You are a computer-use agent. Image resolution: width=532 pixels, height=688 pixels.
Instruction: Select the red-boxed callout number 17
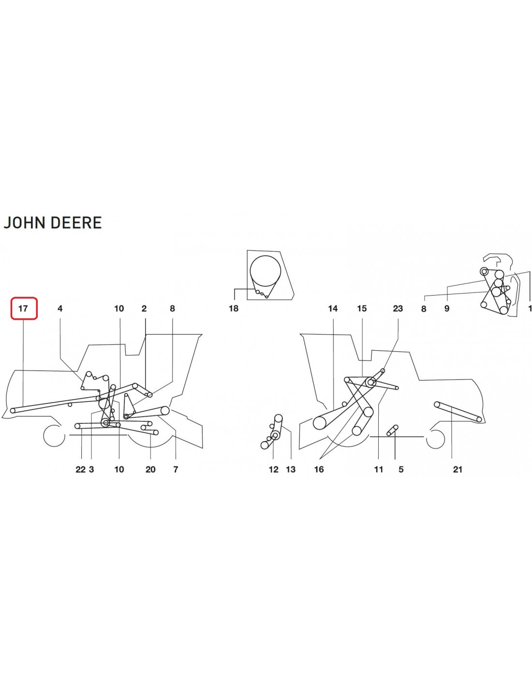coord(23,308)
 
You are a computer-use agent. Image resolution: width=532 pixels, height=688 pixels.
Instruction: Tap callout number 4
coord(60,308)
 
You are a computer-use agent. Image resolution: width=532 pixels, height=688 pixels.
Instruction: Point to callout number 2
coord(144,308)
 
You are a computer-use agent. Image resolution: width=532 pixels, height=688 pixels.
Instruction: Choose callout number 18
coord(234,308)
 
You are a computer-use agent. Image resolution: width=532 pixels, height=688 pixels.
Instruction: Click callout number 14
coord(333,308)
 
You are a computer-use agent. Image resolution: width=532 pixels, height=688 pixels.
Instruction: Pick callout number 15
coord(362,308)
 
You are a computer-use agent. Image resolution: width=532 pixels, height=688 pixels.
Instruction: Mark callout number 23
coord(398,308)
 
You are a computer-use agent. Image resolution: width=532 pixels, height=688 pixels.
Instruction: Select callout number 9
coord(447,308)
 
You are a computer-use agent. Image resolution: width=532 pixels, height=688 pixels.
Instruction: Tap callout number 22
coord(81,469)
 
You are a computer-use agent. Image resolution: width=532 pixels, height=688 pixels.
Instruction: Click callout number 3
coord(91,469)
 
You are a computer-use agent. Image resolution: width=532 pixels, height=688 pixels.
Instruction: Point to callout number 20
coord(150,469)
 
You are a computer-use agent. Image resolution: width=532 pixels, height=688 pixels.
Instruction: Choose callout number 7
coord(176,469)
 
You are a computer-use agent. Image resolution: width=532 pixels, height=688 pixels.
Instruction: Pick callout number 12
coord(274,469)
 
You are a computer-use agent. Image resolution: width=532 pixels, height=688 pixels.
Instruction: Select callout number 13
coord(291,469)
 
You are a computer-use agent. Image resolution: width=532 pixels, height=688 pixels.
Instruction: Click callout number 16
coord(319,469)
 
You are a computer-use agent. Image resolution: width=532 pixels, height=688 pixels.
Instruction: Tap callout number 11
coord(379,469)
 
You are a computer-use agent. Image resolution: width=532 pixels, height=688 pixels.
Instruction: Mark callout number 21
coord(458,469)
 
